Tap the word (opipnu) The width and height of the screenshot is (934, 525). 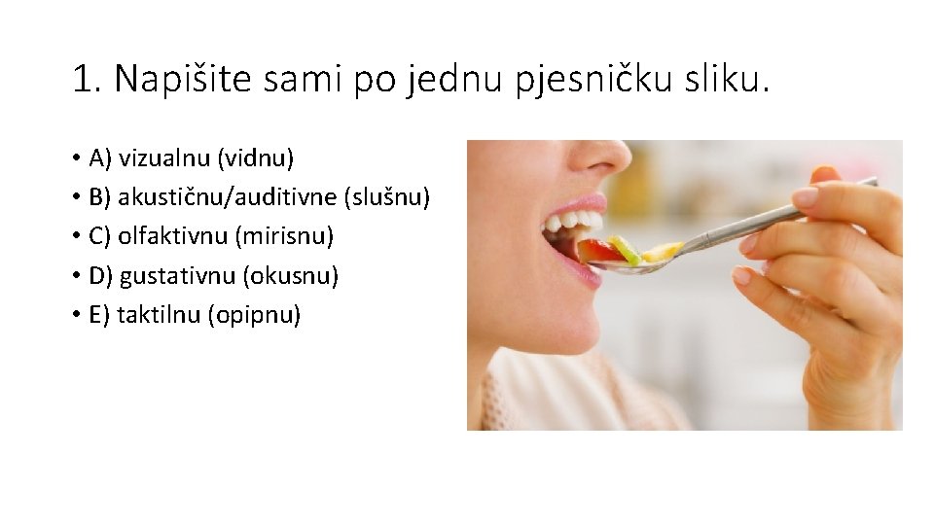255,316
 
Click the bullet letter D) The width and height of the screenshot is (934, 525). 100,276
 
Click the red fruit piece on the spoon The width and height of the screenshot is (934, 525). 600,251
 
